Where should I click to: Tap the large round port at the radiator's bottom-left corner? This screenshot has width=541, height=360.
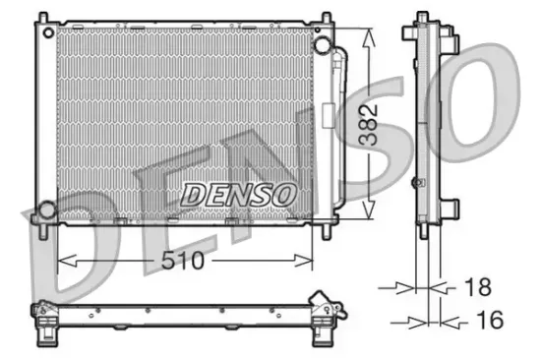coord(46,210)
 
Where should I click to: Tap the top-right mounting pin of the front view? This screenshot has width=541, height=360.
coord(321,17)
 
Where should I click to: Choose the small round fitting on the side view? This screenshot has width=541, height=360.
coord(415,182)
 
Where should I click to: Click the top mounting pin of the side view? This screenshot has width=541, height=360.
coord(422,17)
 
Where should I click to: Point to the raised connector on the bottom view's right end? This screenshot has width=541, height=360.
coord(319,299)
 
